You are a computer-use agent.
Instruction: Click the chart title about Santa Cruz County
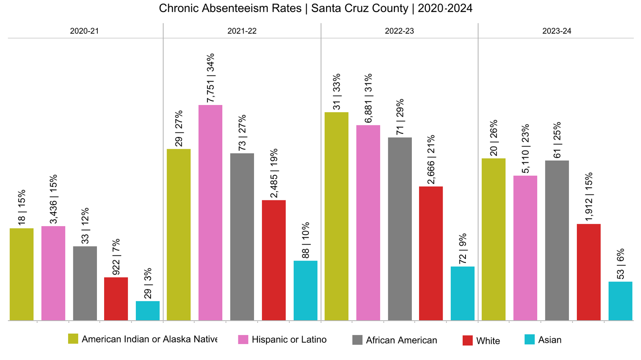[x=316, y=8]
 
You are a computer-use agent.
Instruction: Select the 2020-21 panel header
[x=84, y=31]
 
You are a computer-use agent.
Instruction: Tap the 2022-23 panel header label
[x=399, y=31]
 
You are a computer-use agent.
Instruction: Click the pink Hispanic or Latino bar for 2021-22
[x=210, y=212]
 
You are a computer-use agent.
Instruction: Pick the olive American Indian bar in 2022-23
[x=336, y=216]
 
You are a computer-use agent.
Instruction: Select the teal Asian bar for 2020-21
[x=147, y=311]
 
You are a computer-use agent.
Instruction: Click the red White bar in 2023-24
[x=589, y=272]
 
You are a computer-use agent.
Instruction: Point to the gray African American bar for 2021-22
[x=242, y=237]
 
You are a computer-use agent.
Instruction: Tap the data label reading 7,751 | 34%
[x=211, y=78]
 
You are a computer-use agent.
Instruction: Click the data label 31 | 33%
[x=337, y=91]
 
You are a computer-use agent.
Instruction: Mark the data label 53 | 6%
[x=621, y=264]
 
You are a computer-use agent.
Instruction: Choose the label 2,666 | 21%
[x=431, y=160]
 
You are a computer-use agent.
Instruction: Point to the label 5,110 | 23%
[x=526, y=149]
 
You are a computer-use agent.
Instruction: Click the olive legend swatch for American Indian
[x=73, y=339]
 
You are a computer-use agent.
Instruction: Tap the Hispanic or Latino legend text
[x=289, y=340]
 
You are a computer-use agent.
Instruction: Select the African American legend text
[x=401, y=340]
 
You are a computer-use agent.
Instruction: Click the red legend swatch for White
[x=468, y=340]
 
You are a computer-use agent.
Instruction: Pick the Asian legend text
[x=550, y=340]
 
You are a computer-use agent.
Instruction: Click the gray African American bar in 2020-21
[x=85, y=283]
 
